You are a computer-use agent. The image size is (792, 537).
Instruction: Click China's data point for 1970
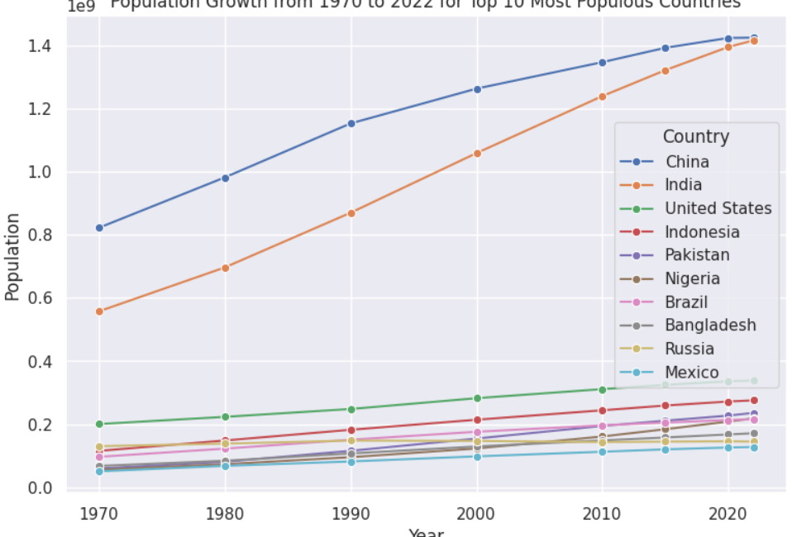tap(99, 227)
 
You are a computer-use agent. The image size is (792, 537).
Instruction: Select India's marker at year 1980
tap(225, 268)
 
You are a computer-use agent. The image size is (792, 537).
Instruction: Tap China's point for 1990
tap(351, 123)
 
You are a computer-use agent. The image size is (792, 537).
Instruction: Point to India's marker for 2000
tap(477, 153)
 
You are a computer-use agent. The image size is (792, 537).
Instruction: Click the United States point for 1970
tap(99, 424)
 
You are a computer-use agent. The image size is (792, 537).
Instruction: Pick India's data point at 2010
tap(603, 97)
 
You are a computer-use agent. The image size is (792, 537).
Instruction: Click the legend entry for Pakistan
tap(697, 255)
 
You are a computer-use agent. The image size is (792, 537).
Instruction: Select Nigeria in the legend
tap(692, 278)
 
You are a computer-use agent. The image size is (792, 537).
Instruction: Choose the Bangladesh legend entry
tap(710, 326)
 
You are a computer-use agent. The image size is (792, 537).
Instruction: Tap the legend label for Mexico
tap(691, 373)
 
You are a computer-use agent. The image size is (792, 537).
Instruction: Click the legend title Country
tap(695, 137)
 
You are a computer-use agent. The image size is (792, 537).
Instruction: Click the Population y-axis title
tap(12, 257)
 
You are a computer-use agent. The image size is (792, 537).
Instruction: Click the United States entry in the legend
tap(718, 208)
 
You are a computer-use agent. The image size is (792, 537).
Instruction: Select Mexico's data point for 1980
tap(225, 466)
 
